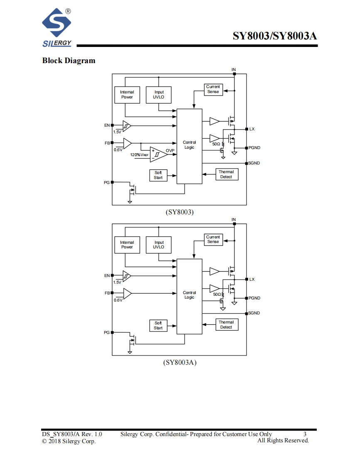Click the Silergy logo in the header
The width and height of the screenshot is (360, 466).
coord(57,28)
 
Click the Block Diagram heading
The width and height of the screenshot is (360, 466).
coord(69,61)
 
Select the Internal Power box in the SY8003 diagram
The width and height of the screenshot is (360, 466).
coord(127,95)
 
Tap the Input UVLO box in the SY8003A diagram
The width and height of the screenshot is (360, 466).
coord(158,245)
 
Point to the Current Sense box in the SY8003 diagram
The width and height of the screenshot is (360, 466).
coord(213,89)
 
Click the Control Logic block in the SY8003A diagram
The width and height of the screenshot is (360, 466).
coord(190,296)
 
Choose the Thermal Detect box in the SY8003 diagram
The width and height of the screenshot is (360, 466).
coord(227,174)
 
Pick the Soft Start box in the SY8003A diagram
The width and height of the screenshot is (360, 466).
coord(158,326)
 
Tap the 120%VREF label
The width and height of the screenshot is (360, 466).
coord(139,155)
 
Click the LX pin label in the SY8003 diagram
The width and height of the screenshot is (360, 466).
coord(252,129)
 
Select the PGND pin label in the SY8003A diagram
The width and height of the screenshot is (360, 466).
coord(254,298)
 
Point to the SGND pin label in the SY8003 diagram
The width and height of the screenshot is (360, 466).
coord(254,163)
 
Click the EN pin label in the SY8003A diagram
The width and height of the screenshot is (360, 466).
coord(107,276)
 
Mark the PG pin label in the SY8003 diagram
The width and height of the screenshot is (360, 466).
coord(106,182)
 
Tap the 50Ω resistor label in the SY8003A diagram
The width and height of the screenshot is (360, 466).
coord(217,294)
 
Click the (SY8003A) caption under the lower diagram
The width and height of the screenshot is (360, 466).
coord(180,363)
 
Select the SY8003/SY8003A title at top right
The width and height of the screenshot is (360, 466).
coord(275,36)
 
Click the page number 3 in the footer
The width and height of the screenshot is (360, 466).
coord(305,434)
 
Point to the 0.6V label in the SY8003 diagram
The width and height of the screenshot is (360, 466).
coord(118,150)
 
